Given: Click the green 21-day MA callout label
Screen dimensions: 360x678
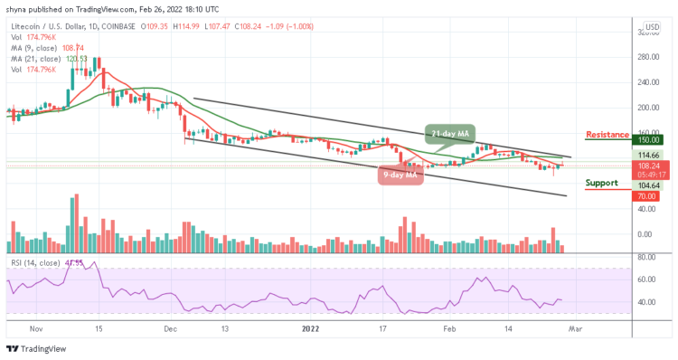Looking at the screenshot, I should coord(451,134).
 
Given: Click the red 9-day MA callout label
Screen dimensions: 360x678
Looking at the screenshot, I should coord(400,175).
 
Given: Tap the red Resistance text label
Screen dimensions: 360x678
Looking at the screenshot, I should coord(607,135).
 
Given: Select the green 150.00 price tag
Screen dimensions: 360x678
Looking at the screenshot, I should coord(648,140).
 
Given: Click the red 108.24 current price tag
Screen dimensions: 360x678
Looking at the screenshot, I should coord(648,166).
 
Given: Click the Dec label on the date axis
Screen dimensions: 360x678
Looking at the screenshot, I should coord(170,331).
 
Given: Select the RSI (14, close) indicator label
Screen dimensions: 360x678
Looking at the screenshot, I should coord(33,262).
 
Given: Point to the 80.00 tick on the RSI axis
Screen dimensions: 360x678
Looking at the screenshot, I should coord(646,256).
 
